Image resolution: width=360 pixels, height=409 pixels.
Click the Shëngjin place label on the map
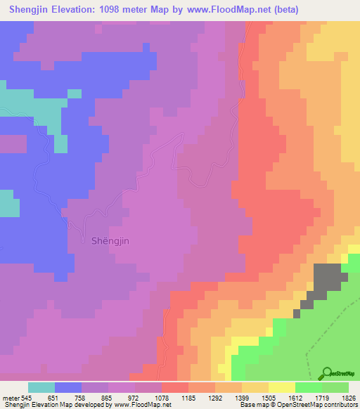pyautogui.click(x=110, y=240)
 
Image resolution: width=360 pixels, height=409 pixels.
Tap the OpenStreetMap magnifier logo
pyautogui.click(x=326, y=372)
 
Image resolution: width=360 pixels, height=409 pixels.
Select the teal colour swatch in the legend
pyautogui.click(x=41, y=387)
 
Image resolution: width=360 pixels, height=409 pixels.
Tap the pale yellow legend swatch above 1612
pyautogui.click(x=282, y=387)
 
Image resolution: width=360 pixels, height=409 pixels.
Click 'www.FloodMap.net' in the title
pyautogui.click(x=231, y=10)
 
